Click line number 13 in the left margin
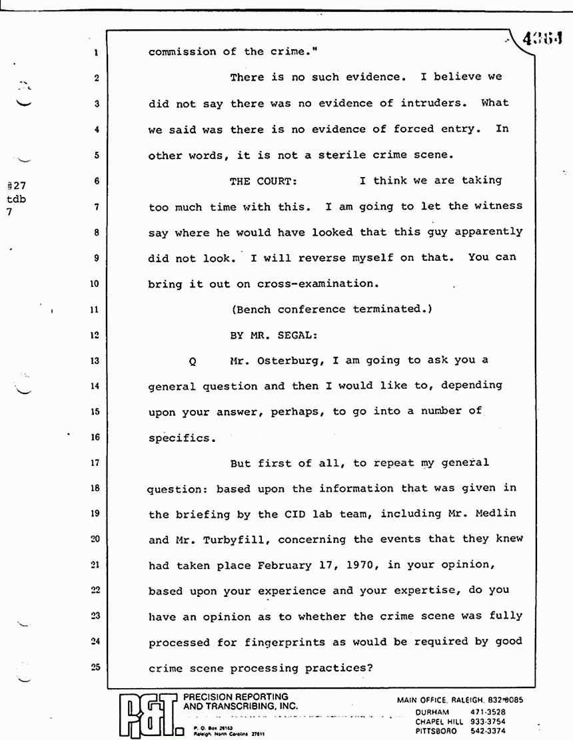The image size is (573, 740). coord(96,361)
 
